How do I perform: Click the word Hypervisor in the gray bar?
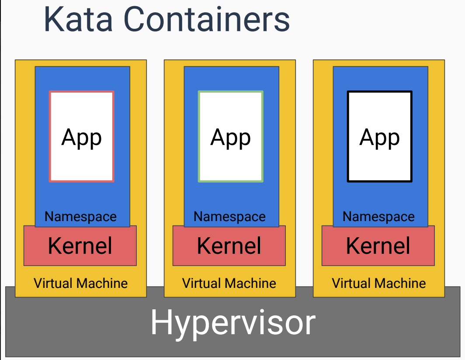click(232, 322)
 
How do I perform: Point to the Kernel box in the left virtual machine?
click(80, 246)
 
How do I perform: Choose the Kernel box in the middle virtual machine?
click(229, 246)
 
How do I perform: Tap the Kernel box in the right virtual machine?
click(378, 246)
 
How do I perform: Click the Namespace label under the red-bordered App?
click(81, 217)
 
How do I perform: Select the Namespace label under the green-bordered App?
click(230, 217)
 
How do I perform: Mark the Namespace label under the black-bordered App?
click(379, 217)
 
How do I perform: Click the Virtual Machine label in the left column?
click(81, 283)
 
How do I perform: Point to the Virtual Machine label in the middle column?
click(229, 283)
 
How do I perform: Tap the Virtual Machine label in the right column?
click(379, 283)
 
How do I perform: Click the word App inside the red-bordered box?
click(82, 137)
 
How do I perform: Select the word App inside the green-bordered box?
click(231, 137)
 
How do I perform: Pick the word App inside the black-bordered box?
click(380, 137)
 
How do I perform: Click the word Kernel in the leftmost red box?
click(80, 246)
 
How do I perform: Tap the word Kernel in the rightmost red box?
click(378, 246)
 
